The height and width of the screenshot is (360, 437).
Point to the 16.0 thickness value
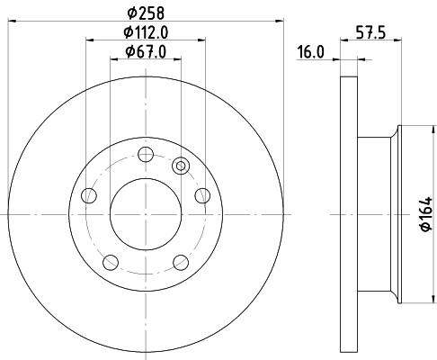pyautogui.click(x=310, y=53)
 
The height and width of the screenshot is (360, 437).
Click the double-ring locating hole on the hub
pyautogui.click(x=181, y=165)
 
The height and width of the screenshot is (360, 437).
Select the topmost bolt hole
pyautogui.click(x=146, y=152)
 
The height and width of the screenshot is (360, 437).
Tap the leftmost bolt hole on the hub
pyautogui.click(x=88, y=195)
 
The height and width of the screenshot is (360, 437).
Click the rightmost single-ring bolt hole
pyautogui.click(x=202, y=195)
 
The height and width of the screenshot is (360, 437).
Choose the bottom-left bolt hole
pyautogui.click(x=111, y=262)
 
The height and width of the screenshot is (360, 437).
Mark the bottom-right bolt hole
pyautogui.click(x=181, y=262)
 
